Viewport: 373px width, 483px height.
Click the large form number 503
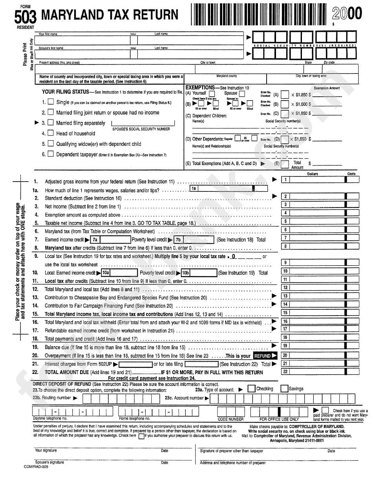[26, 17]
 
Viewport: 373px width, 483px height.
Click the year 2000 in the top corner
[347, 14]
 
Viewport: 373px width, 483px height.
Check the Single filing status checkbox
[51, 102]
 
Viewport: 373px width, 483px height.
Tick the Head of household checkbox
[51, 133]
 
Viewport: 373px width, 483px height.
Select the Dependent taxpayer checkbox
[51, 154]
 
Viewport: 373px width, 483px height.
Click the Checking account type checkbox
[251, 389]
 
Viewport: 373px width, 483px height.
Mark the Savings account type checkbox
[284, 389]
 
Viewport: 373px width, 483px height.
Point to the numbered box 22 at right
[285, 371]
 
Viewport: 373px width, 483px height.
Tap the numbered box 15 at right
[285, 313]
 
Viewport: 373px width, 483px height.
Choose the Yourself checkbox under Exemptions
[212, 94]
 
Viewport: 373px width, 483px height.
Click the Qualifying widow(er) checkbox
[51, 144]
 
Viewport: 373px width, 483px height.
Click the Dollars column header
[313, 174]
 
